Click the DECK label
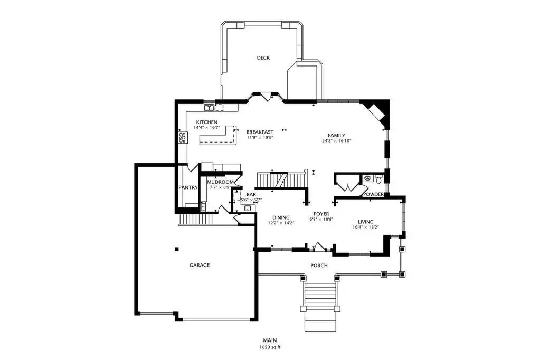point(263,58)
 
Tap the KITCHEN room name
point(206,122)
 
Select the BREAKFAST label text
point(260,132)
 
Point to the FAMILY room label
point(336,135)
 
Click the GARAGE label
point(200,266)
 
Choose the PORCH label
point(319,266)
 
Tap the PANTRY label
point(188,187)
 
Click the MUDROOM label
point(221,182)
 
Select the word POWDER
point(374,194)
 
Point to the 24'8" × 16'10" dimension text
point(336,141)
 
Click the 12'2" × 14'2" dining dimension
point(281,223)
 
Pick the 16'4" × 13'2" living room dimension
point(366,228)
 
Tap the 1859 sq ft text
point(270,347)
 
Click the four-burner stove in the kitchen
point(183,137)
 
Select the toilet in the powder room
point(378,179)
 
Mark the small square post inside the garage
point(177,249)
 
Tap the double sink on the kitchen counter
point(209,108)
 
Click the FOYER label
point(321,214)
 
